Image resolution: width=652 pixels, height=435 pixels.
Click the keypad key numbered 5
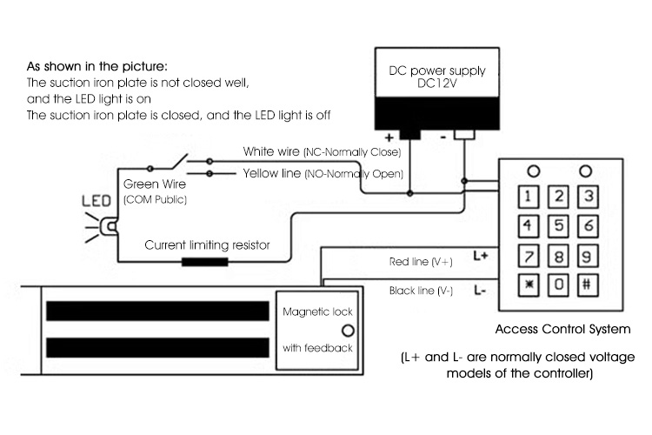(561, 226)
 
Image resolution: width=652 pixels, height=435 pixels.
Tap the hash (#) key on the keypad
(589, 284)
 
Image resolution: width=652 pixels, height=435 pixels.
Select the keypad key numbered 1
(532, 196)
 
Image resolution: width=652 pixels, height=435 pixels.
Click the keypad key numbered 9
(589, 256)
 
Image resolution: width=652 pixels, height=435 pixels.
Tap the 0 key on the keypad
(561, 284)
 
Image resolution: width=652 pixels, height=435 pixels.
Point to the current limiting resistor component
(204, 260)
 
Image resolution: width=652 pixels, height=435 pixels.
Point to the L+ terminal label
(481, 256)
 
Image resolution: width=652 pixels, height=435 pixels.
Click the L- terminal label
(481, 291)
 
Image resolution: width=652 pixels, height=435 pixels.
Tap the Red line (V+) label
(419, 260)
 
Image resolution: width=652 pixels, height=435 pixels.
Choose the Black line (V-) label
(419, 291)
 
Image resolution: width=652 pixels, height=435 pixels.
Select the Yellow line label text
(273, 173)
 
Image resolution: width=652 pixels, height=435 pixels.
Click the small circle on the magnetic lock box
(348, 330)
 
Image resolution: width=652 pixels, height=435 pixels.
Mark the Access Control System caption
(561, 330)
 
